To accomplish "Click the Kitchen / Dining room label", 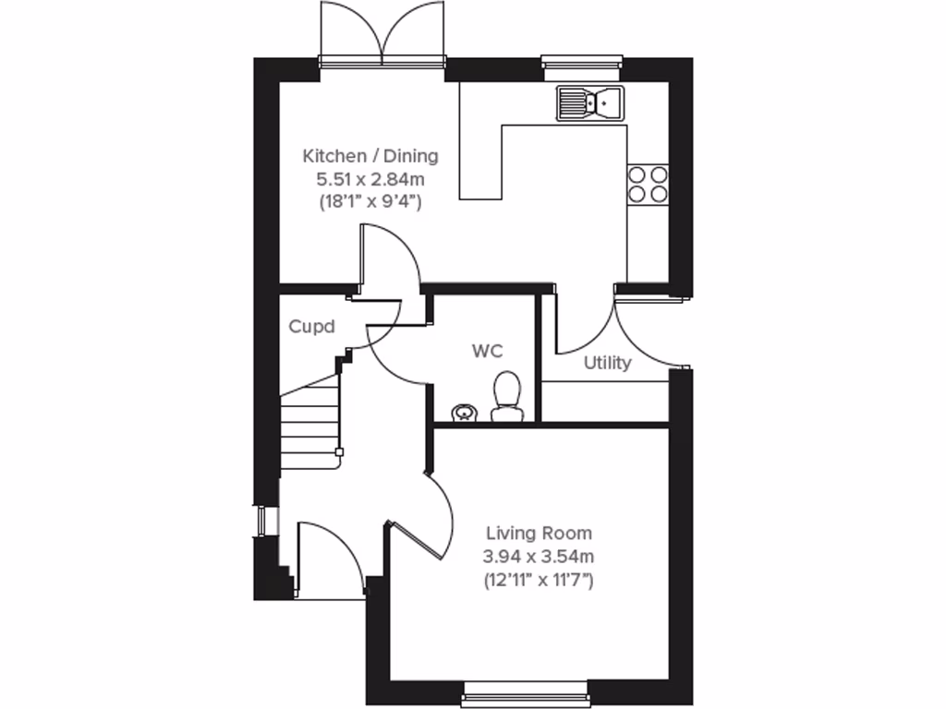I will [x=371, y=155].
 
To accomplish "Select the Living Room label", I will [x=540, y=533].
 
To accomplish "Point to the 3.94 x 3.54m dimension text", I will [x=540, y=556].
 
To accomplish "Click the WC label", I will [x=487, y=351].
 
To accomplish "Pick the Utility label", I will [x=607, y=363].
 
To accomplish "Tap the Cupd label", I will [x=310, y=326].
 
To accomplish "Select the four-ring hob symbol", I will [x=648, y=183].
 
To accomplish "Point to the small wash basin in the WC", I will [x=463, y=412].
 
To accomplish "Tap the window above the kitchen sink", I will [x=583, y=63].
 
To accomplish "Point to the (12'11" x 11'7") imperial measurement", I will [x=540, y=580].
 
